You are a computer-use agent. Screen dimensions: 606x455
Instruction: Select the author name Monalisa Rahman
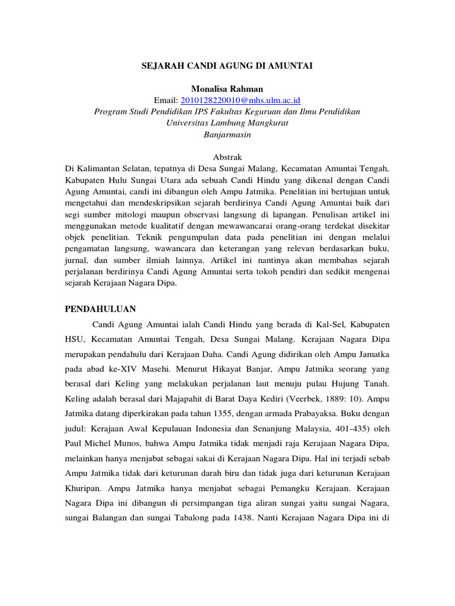pos(227,89)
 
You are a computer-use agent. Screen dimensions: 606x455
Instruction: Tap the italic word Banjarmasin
pos(227,134)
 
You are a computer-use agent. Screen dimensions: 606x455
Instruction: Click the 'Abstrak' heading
pos(227,157)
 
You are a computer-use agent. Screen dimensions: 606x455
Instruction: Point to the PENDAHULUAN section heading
pos(100,310)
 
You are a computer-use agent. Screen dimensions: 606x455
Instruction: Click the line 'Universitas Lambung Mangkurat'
pos(227,123)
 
